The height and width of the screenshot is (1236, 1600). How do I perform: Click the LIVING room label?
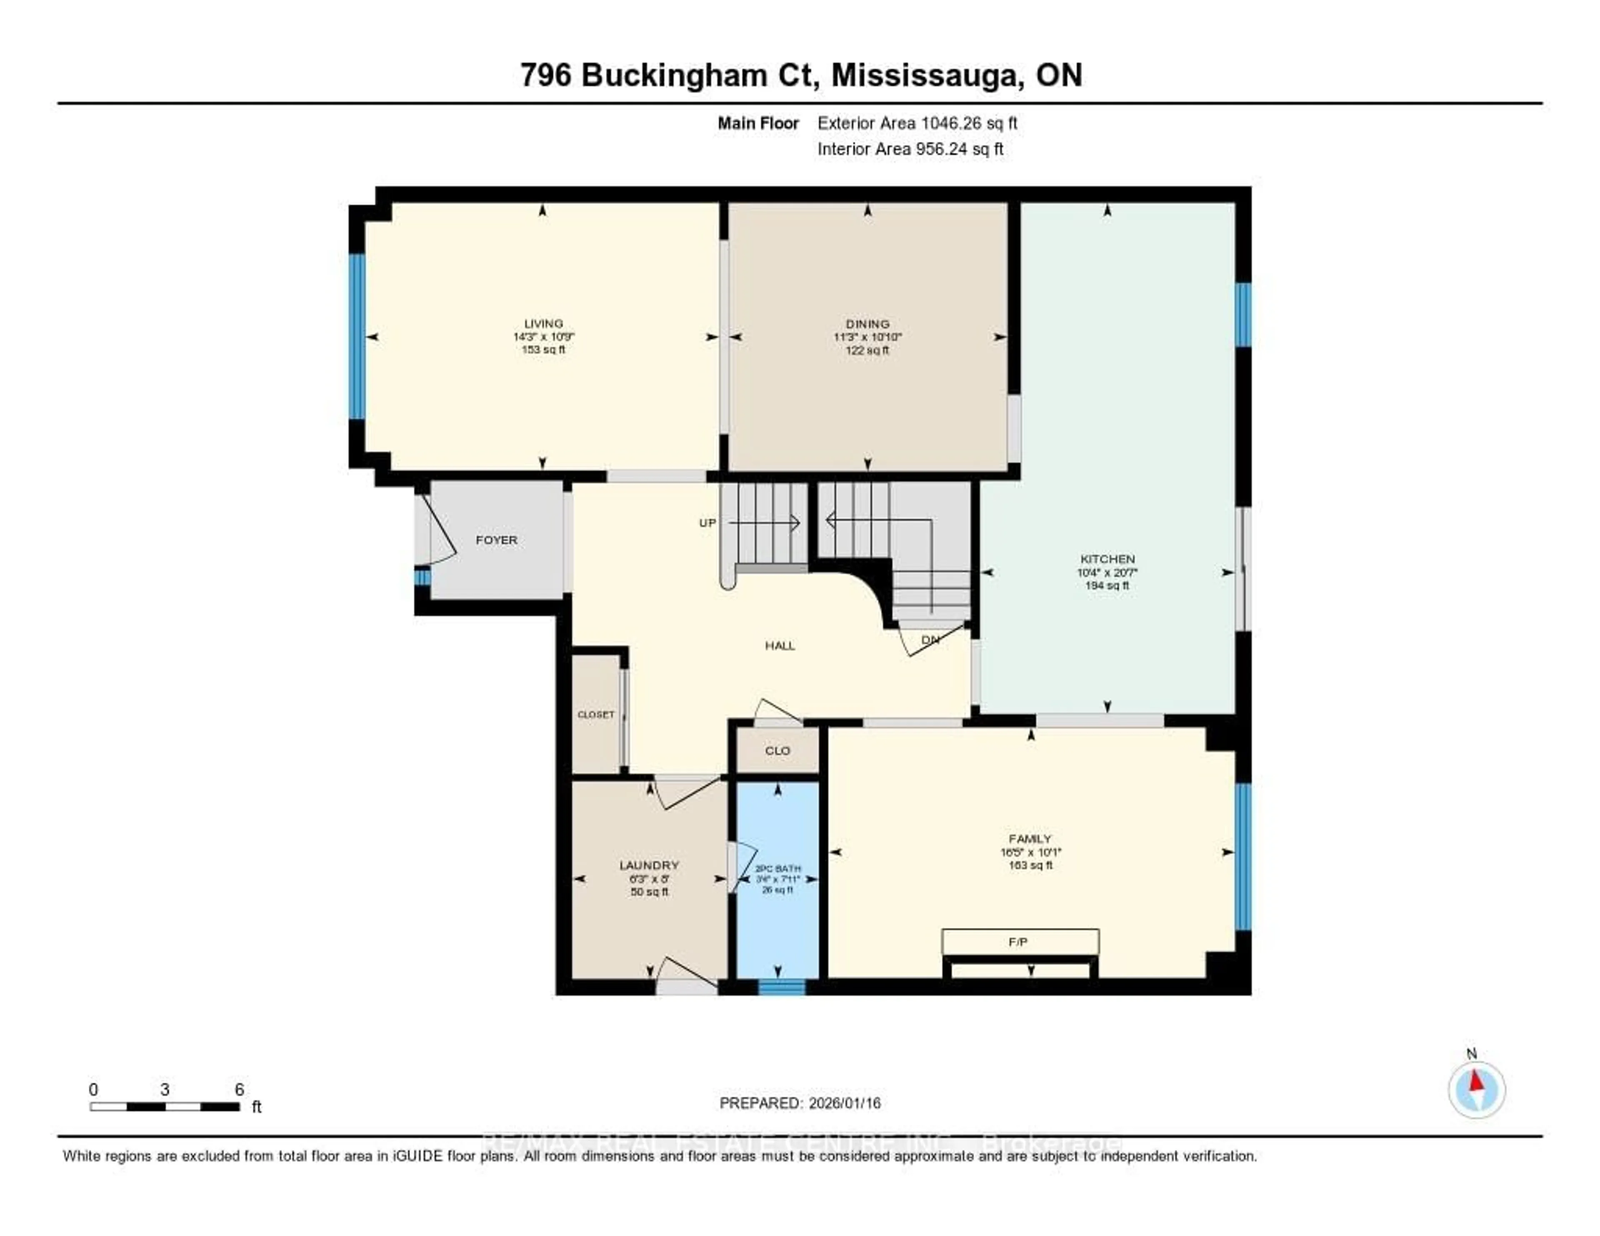coord(543,323)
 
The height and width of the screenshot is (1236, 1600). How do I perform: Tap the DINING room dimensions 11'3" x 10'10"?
coord(867,337)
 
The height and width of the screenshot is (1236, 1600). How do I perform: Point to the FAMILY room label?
coord(1030,839)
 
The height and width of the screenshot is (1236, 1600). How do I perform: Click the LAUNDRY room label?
coord(649,865)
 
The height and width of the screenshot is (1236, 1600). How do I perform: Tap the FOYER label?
coord(496,540)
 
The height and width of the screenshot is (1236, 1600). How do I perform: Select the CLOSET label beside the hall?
coord(595,714)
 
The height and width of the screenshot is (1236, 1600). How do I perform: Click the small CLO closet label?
coord(777,751)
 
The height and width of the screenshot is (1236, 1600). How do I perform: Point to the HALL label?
coord(780,646)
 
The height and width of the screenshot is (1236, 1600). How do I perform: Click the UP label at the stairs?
coord(707,523)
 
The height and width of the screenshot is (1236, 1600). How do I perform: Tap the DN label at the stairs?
coord(930,640)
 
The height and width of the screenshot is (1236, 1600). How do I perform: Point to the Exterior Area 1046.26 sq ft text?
coord(917,123)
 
